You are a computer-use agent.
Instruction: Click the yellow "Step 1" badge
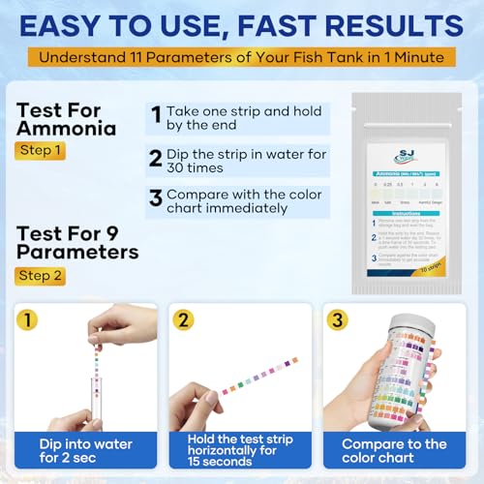(41, 151)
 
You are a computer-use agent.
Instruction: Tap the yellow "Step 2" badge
(41, 276)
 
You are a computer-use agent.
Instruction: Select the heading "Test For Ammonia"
(67, 119)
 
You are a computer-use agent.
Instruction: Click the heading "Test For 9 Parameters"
(76, 241)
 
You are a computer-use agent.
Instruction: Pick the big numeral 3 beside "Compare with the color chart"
(155, 200)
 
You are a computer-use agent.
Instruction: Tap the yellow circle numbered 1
(30, 320)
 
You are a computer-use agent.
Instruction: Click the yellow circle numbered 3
(340, 320)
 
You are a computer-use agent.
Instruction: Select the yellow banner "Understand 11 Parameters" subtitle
(242, 56)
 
